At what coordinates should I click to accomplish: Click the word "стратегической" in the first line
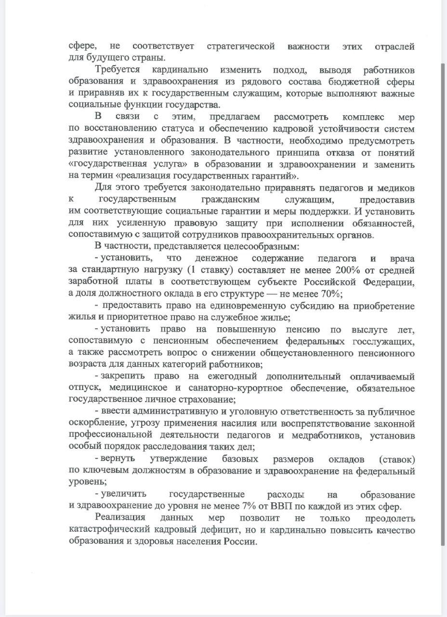tap(240, 46)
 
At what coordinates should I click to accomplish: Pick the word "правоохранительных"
tap(296, 235)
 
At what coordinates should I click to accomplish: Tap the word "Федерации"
tap(387, 282)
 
